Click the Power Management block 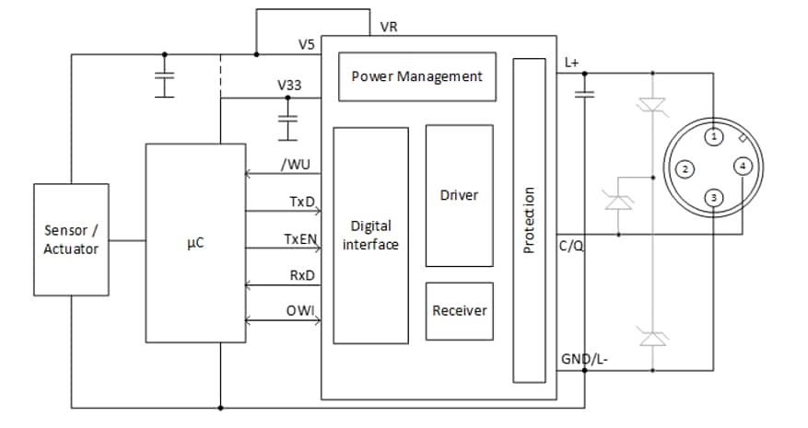point(417,76)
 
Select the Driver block point(459,195)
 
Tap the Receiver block point(459,310)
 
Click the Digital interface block point(370,235)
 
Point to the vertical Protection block point(529,219)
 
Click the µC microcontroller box point(195,243)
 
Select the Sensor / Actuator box point(71,240)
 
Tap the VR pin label point(389,28)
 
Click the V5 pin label point(307,43)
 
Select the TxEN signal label point(299,239)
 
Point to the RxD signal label point(302,277)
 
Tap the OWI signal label point(300,311)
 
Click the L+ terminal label point(570,62)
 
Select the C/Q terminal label point(571,248)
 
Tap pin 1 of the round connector point(714,137)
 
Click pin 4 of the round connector point(744,167)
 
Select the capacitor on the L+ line point(583,93)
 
